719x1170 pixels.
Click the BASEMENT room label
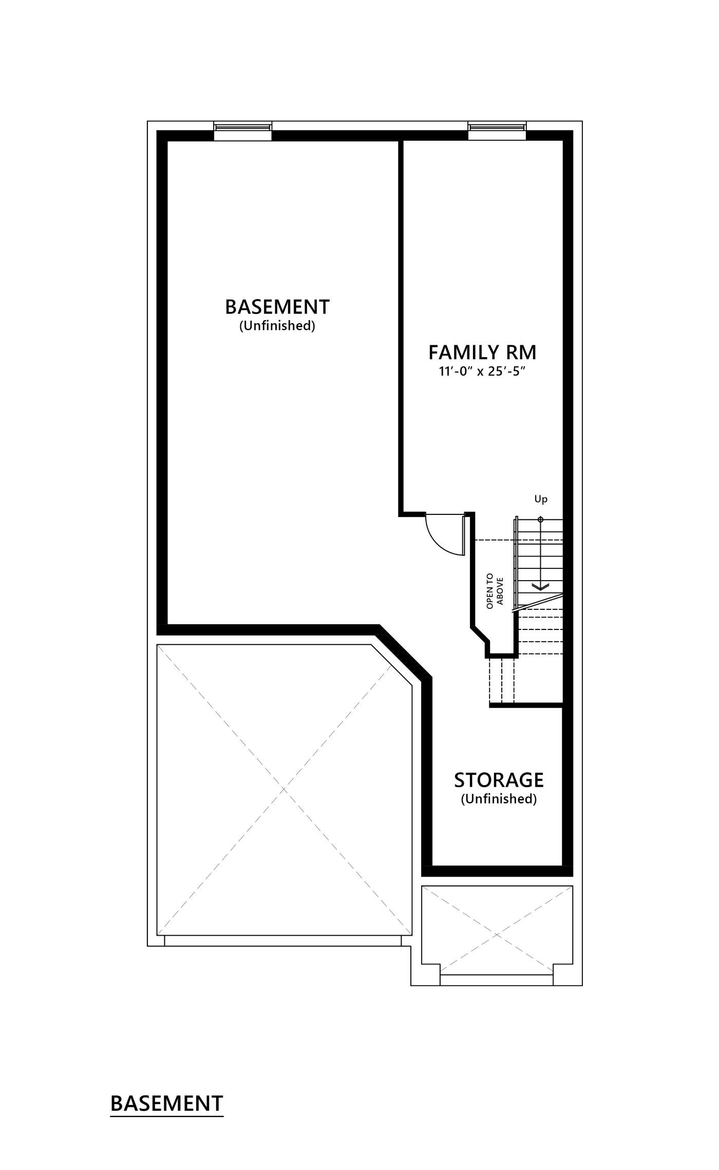277,307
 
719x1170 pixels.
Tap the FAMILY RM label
482,352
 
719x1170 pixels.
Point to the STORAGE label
499,780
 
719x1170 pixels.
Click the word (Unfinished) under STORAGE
499,799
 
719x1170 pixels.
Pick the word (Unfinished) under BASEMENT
277,326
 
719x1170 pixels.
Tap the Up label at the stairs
541,499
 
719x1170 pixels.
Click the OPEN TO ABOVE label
494,591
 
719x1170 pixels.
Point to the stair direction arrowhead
540,586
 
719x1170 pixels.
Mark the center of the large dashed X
284,790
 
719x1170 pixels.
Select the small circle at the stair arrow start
540,519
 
